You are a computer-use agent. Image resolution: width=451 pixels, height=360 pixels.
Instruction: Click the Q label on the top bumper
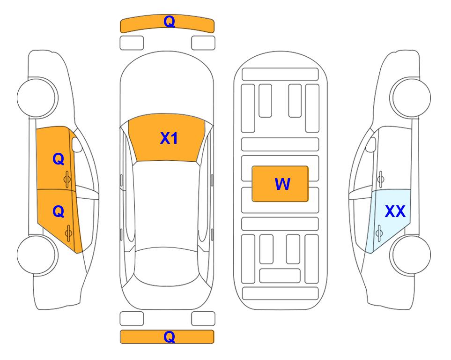[x=169, y=21]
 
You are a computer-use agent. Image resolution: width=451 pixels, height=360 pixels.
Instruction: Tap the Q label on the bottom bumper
[x=169, y=337]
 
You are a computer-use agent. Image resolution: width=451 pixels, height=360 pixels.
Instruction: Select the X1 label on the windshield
[x=169, y=138]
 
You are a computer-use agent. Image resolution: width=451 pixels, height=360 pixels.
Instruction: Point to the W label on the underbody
[x=282, y=184]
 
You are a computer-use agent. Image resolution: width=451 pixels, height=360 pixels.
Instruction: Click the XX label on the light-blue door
[x=395, y=211]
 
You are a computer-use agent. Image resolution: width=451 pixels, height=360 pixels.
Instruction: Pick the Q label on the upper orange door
[x=59, y=159]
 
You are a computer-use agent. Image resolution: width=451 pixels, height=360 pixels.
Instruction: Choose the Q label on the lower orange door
[x=59, y=212]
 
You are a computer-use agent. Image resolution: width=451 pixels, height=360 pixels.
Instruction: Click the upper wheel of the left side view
[x=37, y=98]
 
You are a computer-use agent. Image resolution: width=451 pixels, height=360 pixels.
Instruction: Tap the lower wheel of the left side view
[x=37, y=255]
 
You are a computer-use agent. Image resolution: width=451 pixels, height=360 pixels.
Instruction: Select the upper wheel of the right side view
[x=410, y=97]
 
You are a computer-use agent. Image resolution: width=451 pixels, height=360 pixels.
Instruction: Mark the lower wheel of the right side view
[x=410, y=255]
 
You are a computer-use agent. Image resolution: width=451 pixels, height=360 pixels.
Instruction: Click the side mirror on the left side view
[x=76, y=144]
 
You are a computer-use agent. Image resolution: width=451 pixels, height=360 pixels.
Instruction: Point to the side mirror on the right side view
[x=370, y=144]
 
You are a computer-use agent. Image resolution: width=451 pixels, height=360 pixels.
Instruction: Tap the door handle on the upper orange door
[x=67, y=179]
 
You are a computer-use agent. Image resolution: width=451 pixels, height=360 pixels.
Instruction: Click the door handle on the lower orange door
[x=68, y=233]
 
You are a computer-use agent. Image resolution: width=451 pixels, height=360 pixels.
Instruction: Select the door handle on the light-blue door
[x=379, y=233]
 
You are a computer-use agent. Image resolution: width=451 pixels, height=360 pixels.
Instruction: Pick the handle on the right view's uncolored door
[x=380, y=179]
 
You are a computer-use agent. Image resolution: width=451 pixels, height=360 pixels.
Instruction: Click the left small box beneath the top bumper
[x=132, y=43]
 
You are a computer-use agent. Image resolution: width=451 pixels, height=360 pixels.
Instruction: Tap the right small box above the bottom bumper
[x=203, y=319]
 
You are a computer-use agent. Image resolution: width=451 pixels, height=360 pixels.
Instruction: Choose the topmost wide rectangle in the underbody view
[x=280, y=75]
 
